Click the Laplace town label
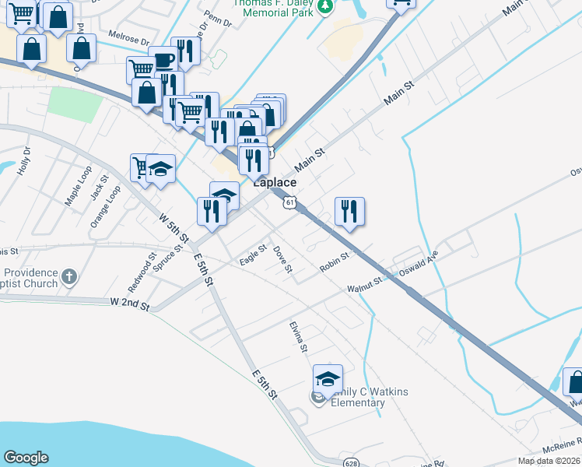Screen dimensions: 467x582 click(273, 182)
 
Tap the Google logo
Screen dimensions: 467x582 click(26, 458)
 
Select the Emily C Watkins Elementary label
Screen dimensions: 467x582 click(370, 397)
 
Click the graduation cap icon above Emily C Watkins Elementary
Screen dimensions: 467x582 click(328, 379)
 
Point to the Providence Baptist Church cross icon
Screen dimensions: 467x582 click(68, 276)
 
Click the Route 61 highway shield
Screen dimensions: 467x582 click(289, 202)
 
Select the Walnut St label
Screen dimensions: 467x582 click(365, 286)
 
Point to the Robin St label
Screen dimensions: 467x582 click(336, 262)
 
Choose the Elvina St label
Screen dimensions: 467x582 click(300, 336)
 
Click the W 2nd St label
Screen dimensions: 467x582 click(129, 302)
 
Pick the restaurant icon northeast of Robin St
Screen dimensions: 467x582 click(349, 212)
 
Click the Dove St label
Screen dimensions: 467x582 click(282, 260)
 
